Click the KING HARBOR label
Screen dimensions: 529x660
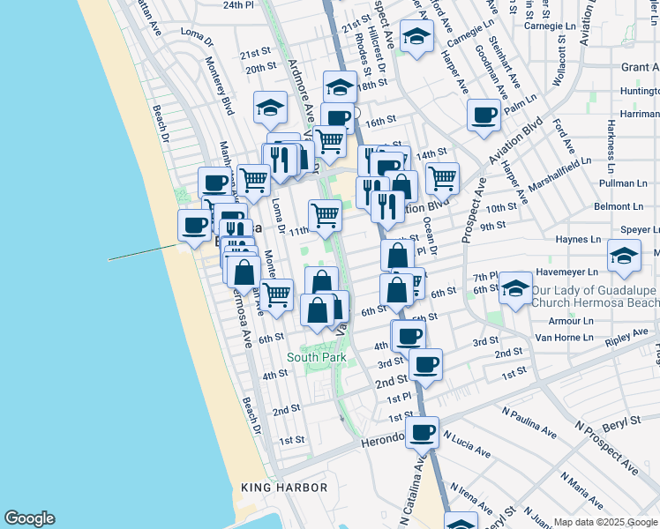pos(284,488)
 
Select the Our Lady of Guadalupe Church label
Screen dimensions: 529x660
pos(595,295)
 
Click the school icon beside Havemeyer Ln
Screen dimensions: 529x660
pos(625,257)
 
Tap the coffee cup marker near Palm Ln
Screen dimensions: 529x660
pos(484,115)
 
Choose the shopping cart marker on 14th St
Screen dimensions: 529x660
pos(442,177)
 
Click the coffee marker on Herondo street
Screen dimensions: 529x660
pos(423,433)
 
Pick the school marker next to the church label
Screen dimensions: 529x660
pos(514,287)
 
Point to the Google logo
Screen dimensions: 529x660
pos(29,518)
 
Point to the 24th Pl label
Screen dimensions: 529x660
pos(237,4)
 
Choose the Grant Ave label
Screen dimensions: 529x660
pos(640,67)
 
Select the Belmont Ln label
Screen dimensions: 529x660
pos(618,206)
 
